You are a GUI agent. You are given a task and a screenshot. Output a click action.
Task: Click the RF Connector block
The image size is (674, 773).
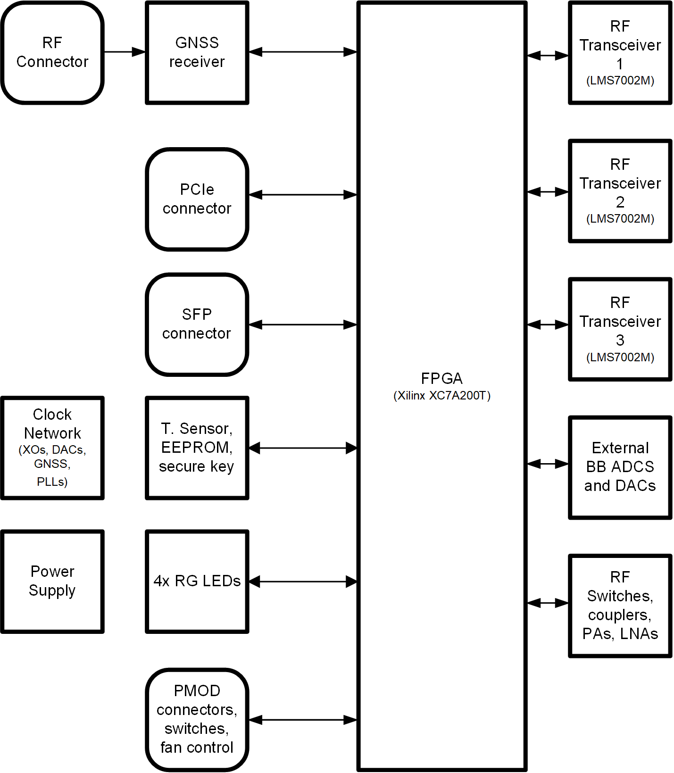point(52,52)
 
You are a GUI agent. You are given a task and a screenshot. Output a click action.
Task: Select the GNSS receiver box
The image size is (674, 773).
point(197,52)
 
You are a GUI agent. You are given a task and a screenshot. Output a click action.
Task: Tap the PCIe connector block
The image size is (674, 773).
point(197,199)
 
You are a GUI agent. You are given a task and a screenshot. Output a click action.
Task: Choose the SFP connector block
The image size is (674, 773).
point(197,324)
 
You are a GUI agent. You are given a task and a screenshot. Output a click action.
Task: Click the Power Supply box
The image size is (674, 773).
point(52,581)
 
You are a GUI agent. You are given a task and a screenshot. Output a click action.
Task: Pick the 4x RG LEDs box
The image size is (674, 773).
point(197,581)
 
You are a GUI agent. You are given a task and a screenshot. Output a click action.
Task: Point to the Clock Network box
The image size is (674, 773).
point(52,448)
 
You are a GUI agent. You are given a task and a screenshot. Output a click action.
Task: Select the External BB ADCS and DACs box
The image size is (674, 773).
point(620,467)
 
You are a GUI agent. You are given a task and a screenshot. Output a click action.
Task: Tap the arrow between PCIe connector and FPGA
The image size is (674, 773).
point(303,194)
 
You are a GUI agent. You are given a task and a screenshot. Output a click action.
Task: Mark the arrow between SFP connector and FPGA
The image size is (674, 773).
point(303,324)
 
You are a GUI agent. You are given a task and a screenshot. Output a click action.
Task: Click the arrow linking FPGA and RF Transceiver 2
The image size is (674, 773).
point(548,191)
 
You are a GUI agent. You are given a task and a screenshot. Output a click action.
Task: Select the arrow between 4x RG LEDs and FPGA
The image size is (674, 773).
point(303,582)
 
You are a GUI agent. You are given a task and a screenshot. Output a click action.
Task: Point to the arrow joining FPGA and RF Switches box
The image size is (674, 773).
point(548,603)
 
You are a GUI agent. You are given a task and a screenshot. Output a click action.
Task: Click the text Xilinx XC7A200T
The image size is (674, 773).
point(442,396)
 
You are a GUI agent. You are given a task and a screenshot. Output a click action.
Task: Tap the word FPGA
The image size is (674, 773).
point(442,378)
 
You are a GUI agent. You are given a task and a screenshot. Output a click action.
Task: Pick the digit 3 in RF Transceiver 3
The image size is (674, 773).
point(620,340)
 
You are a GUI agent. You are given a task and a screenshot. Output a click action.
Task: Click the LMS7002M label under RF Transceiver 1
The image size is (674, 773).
point(620,81)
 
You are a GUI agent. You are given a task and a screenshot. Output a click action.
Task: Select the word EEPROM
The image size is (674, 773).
point(197,447)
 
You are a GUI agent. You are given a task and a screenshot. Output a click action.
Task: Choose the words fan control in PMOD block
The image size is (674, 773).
point(197,748)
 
